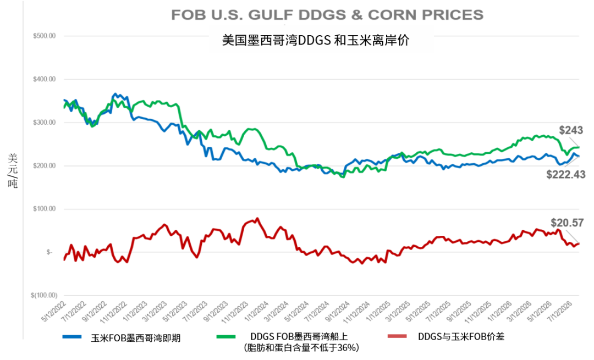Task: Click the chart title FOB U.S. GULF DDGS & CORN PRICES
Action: pyautogui.click(x=327, y=15)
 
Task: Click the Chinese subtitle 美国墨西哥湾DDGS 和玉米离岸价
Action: pyautogui.click(x=316, y=40)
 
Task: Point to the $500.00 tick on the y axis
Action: pyautogui.click(x=45, y=36)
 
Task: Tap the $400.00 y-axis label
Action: pyautogui.click(x=45, y=79)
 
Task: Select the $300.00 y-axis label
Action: pyautogui.click(x=45, y=123)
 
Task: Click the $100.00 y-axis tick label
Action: pyautogui.click(x=45, y=209)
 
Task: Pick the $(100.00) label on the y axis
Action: pyautogui.click(x=44, y=295)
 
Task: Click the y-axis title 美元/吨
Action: pyautogui.click(x=13, y=171)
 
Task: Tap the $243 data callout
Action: pyautogui.click(x=571, y=130)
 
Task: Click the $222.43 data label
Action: pyautogui.click(x=565, y=175)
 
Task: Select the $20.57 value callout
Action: pyautogui.click(x=567, y=223)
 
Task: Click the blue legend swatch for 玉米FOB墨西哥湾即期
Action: pyautogui.click(x=72, y=336)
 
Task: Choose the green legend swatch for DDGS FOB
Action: pyautogui.click(x=226, y=336)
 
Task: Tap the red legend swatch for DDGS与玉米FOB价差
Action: pyautogui.click(x=398, y=336)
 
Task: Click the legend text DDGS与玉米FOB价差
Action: pyautogui.click(x=461, y=336)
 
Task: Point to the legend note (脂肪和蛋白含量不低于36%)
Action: pyautogui.click(x=301, y=347)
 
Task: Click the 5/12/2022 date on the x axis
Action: pyautogui.click(x=53, y=312)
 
